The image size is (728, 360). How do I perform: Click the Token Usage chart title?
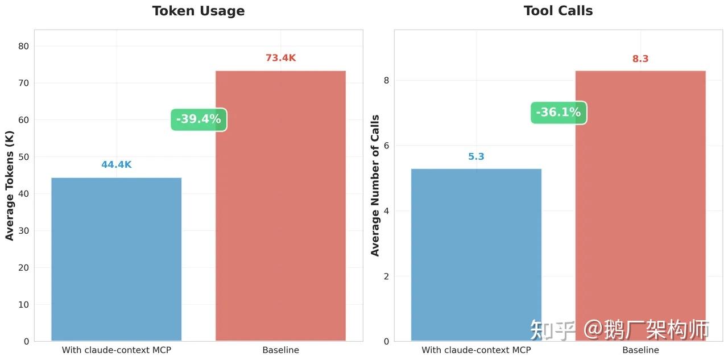click(x=198, y=11)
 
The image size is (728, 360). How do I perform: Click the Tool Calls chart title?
click(x=558, y=11)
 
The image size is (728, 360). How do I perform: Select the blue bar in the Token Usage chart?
click(x=117, y=259)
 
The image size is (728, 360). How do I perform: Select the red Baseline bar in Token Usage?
click(x=280, y=206)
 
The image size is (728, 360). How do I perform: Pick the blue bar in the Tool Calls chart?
click(x=476, y=255)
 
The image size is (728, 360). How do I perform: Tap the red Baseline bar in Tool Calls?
click(x=640, y=206)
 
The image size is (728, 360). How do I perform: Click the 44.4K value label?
click(x=117, y=165)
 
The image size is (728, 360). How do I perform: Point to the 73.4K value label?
click(x=280, y=58)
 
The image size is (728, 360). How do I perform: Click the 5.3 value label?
click(x=476, y=156)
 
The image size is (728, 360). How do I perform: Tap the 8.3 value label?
click(x=640, y=59)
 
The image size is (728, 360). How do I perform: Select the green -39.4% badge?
click(x=199, y=119)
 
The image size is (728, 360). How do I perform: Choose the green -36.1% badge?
click(x=559, y=113)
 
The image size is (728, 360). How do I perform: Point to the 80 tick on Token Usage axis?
click(x=23, y=46)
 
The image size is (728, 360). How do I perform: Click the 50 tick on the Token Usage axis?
click(x=23, y=157)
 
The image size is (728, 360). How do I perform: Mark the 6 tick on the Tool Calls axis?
click(x=386, y=146)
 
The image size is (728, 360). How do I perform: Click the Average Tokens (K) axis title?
click(x=10, y=185)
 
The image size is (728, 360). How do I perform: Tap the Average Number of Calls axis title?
click(x=375, y=185)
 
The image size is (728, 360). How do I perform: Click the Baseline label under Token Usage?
click(x=280, y=350)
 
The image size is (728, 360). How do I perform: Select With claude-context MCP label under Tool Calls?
click(x=476, y=350)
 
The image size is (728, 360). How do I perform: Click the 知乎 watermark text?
click(x=552, y=330)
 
